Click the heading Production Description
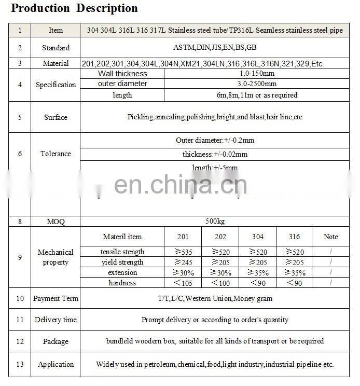coord(75,8)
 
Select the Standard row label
coord(56,48)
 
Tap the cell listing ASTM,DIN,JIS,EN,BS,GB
coord(215,47)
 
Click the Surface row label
coord(56,117)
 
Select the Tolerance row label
coord(56,154)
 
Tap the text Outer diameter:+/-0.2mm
coord(215,140)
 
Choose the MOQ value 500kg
coord(215,221)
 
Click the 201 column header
coord(183,237)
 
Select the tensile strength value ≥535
coord(183,252)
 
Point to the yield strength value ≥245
coord(183,263)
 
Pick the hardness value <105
coord(183,283)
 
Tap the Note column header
coord(330,237)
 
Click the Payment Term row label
coord(56,298)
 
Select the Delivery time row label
coord(56,320)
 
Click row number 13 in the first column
coord(20,364)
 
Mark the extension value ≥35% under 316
coord(294,273)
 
